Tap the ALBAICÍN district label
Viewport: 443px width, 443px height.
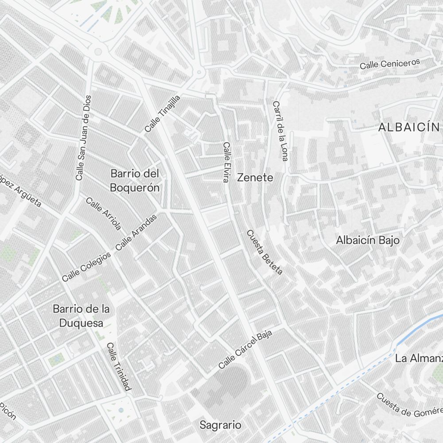point(408,128)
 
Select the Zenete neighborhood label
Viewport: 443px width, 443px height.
point(255,178)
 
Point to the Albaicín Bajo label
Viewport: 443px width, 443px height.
point(368,240)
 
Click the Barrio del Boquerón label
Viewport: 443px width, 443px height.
point(135,180)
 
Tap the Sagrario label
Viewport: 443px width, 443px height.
point(221,425)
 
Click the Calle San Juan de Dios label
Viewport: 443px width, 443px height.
point(83,138)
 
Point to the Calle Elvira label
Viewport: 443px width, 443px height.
point(226,162)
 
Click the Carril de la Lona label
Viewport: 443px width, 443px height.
point(280,131)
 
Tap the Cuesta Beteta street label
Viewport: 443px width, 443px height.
point(264,252)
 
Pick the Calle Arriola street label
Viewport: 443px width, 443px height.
point(103,214)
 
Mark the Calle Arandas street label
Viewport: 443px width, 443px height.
point(136,232)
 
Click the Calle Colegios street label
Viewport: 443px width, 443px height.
point(86,267)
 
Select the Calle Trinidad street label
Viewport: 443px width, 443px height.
point(119,367)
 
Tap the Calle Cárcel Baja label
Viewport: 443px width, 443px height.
point(245,350)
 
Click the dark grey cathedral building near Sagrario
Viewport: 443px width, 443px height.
point(228,383)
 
